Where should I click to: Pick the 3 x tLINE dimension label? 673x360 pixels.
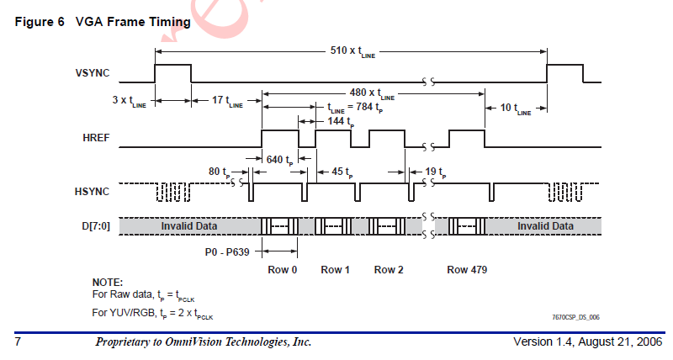click(129, 101)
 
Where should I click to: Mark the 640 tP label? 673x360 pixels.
click(278, 160)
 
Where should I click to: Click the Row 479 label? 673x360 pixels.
click(467, 270)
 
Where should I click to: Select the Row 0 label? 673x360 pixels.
click(281, 270)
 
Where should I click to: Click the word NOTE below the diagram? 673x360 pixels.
click(107, 282)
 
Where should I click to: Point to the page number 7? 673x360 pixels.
click(17, 343)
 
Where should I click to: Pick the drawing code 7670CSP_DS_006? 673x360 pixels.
click(575, 317)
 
